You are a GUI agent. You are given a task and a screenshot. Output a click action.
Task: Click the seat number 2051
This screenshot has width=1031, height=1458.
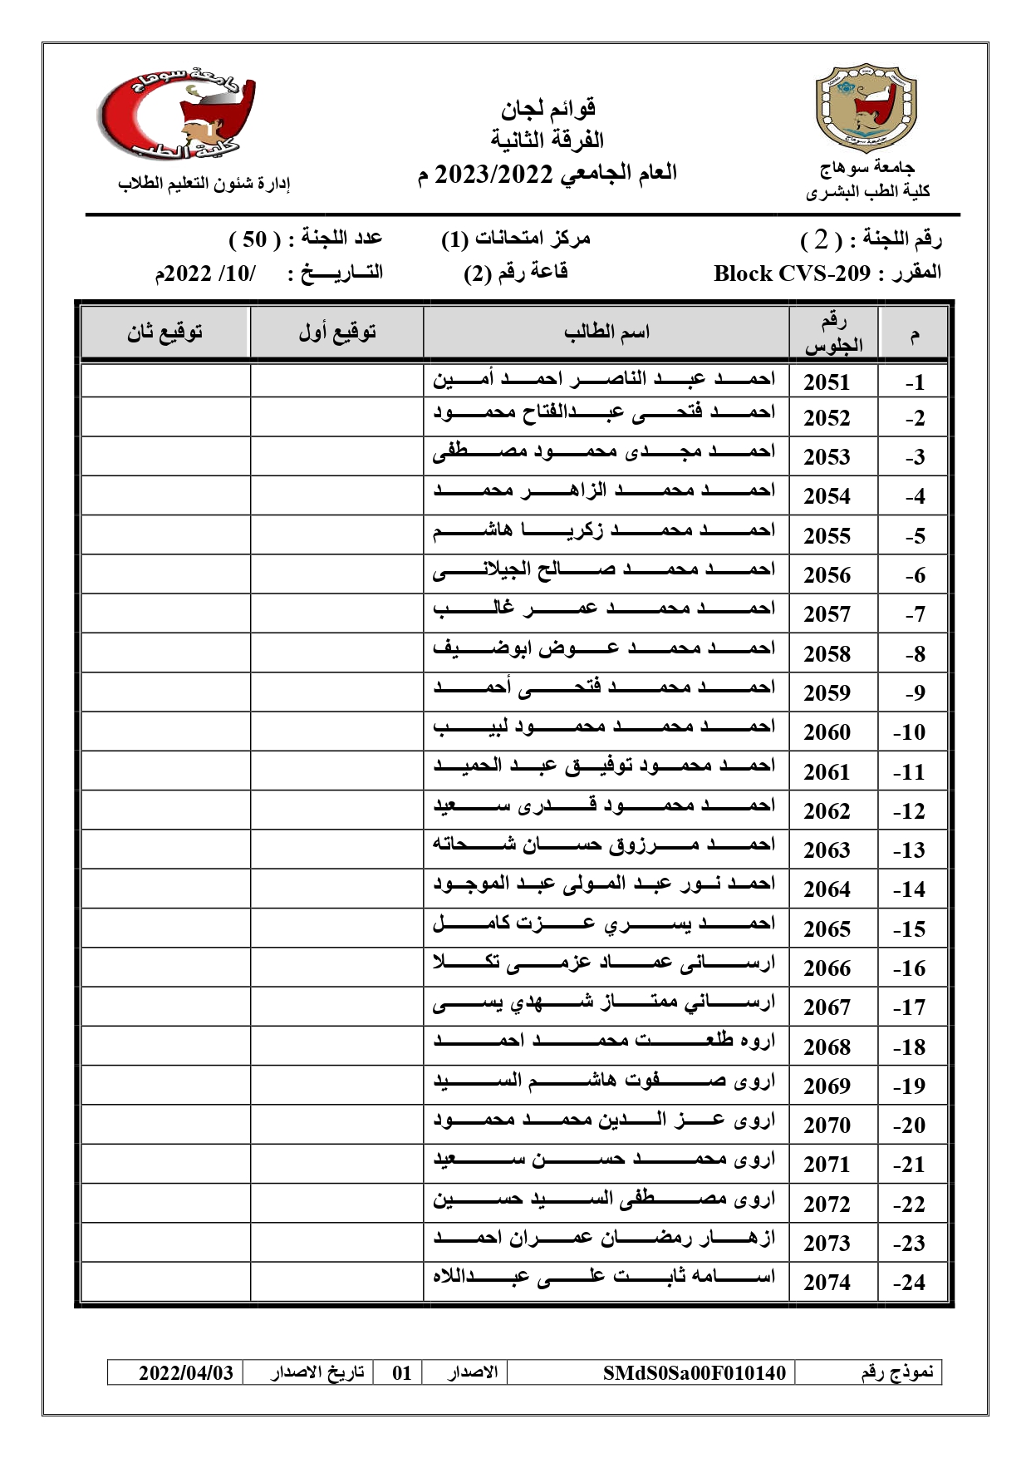click(x=827, y=382)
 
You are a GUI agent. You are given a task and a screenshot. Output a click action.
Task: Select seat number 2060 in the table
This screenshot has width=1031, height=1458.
click(x=827, y=732)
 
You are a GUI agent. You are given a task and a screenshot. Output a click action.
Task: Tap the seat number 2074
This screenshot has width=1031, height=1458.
click(x=827, y=1283)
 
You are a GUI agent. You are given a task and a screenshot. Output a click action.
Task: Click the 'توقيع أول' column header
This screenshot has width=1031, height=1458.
click(x=337, y=332)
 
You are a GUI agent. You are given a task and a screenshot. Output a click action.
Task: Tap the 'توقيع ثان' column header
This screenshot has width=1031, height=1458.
click(x=165, y=332)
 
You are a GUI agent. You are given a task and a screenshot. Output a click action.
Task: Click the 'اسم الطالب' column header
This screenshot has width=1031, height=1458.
click(x=606, y=332)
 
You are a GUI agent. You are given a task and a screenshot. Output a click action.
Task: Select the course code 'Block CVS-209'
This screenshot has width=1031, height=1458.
click(x=792, y=273)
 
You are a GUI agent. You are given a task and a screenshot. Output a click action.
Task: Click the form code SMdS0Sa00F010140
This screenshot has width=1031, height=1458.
click(x=694, y=1372)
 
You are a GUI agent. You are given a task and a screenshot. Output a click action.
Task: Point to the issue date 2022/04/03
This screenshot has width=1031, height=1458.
click(x=186, y=1372)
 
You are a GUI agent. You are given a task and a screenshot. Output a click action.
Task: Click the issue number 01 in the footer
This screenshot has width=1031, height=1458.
click(x=402, y=1372)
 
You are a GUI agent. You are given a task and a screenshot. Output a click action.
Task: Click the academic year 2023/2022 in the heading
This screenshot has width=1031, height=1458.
click(x=493, y=175)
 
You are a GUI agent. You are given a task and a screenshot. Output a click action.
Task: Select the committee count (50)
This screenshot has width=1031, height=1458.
click(x=248, y=239)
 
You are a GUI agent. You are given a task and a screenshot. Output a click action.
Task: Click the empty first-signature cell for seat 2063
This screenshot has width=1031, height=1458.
click(x=337, y=849)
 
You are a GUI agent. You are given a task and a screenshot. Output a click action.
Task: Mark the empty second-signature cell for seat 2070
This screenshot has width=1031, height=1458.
click(x=165, y=1124)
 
